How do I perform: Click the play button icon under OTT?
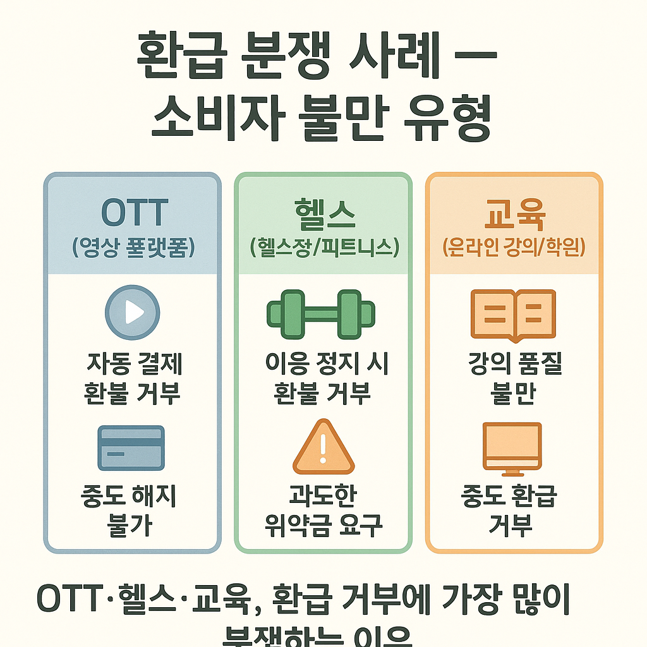[132, 313]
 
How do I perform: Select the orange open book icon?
[512, 313]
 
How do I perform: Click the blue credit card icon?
[131, 447]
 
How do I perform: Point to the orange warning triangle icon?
[323, 447]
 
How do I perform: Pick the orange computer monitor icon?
[512, 447]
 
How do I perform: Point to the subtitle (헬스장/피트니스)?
[325, 247]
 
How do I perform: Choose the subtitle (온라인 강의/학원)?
[513, 247]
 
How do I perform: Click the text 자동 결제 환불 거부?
[133, 378]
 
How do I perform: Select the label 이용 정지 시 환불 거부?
[323, 378]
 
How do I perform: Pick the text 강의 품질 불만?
[512, 378]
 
